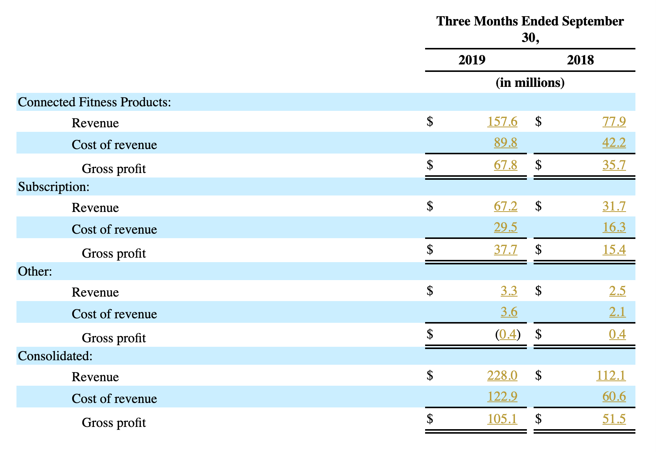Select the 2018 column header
point(580,60)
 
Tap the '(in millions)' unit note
point(530,82)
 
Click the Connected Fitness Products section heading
point(94,102)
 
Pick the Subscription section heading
point(54,186)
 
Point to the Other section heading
point(35,271)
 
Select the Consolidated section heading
point(55,356)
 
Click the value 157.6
point(502,121)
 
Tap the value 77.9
point(614,121)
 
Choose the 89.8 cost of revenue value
point(506,143)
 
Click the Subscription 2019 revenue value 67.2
point(506,206)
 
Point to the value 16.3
point(614,227)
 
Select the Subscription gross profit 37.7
point(506,249)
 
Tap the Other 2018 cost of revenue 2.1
point(617,312)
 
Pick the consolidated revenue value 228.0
point(502,375)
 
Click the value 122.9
point(502,397)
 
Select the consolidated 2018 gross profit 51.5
point(614,419)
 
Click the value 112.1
point(611,375)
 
